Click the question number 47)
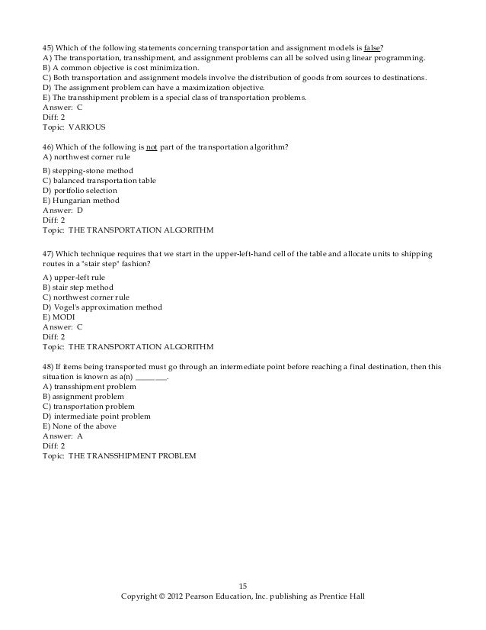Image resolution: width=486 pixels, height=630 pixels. coord(50,252)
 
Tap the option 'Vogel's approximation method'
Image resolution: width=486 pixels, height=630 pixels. coord(102,307)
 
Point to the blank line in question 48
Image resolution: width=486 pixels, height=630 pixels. coord(150,377)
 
